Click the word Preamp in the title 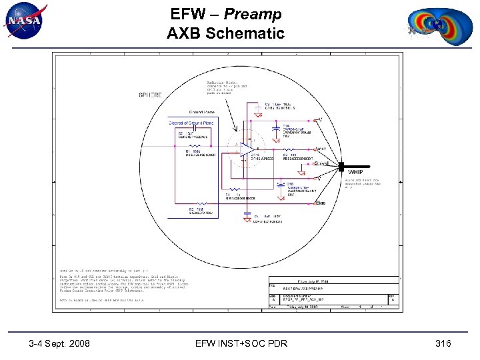coord(253,14)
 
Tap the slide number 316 coord(443,343)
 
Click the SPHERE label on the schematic coord(150,95)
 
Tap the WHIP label coord(354,173)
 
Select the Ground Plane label coord(201,113)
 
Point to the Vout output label coord(320,149)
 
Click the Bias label coord(320,202)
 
